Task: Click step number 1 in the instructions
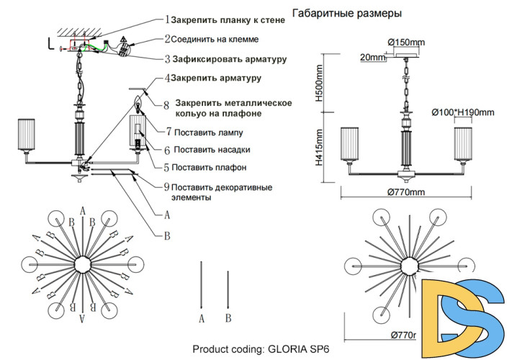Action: coord(167,20)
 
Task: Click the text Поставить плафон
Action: coord(210,168)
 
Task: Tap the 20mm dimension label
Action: coord(373,57)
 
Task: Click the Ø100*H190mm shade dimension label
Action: coord(463,112)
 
